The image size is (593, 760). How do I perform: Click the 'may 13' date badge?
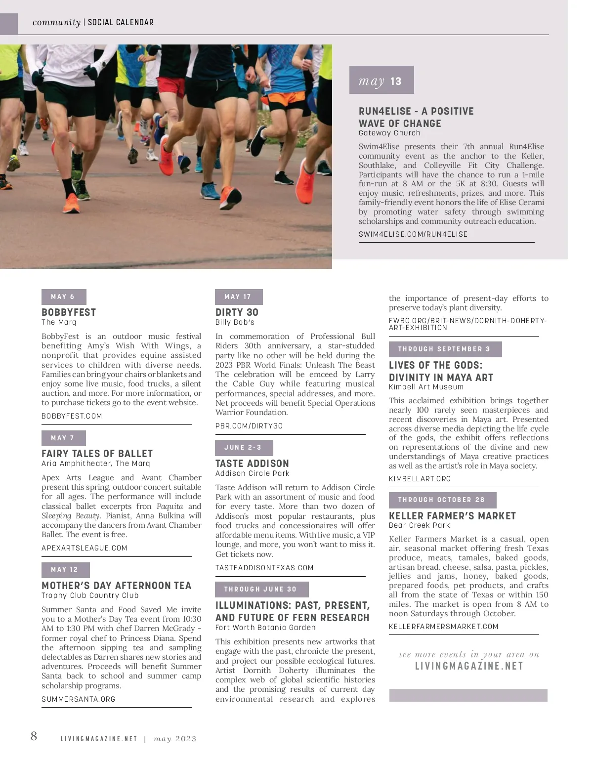pyautogui.click(x=381, y=80)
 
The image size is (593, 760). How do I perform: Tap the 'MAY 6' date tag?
pyautogui.click(x=63, y=296)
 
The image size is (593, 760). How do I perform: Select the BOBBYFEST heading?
pyautogui.click(x=69, y=312)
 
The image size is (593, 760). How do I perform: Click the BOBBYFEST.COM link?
pyautogui.click(x=72, y=416)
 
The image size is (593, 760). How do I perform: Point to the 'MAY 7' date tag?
pyautogui.click(x=63, y=438)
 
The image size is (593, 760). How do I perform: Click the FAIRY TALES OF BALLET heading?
pyautogui.click(x=97, y=454)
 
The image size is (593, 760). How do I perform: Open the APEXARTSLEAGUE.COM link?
pyautogui.click(x=85, y=548)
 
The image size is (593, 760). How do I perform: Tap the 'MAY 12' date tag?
pyautogui.click(x=65, y=569)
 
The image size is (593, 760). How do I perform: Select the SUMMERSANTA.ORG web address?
pyautogui.click(x=79, y=699)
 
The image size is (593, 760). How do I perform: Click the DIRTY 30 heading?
pyautogui.click(x=237, y=312)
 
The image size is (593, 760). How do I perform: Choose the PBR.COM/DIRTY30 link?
pyautogui.click(x=249, y=426)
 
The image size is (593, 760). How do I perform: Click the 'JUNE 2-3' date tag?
pyautogui.click(x=244, y=448)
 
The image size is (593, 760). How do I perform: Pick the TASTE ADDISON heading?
pyautogui.click(x=252, y=464)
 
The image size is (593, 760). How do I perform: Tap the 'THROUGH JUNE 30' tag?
pyautogui.click(x=261, y=589)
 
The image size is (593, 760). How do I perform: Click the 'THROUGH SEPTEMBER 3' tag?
pyautogui.click(x=445, y=349)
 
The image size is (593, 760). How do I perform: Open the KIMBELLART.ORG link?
pyautogui.click(x=420, y=479)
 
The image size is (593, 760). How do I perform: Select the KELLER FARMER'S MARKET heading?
pyautogui.click(x=452, y=516)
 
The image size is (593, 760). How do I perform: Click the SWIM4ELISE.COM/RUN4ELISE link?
pyautogui.click(x=413, y=234)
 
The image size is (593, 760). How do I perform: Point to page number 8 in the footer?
pyautogui.click(x=34, y=736)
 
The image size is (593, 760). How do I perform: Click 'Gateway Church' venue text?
pyautogui.click(x=389, y=133)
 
